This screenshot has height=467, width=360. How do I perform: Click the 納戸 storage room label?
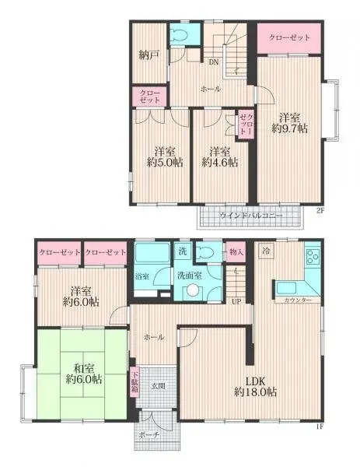[149, 56]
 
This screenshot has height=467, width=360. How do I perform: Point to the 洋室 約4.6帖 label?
[218, 156]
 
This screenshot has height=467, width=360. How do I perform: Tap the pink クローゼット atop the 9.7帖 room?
[289, 37]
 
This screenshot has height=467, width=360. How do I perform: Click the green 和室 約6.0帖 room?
[82, 374]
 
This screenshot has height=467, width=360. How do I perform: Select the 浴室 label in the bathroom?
[142, 276]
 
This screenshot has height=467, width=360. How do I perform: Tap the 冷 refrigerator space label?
[266, 251]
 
